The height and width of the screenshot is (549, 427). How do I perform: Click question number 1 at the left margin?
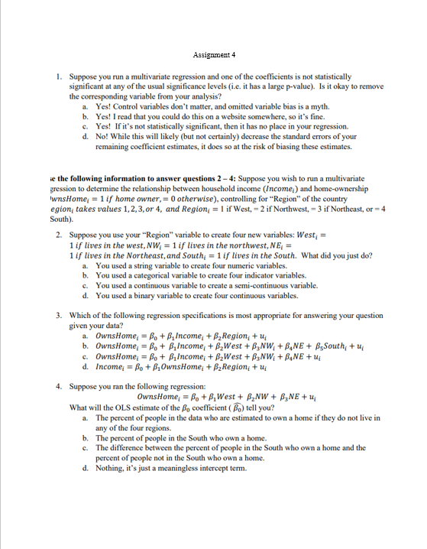click(x=59, y=77)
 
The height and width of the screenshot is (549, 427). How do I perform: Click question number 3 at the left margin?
click(x=59, y=314)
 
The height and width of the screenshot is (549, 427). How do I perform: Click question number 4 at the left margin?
click(x=59, y=385)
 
